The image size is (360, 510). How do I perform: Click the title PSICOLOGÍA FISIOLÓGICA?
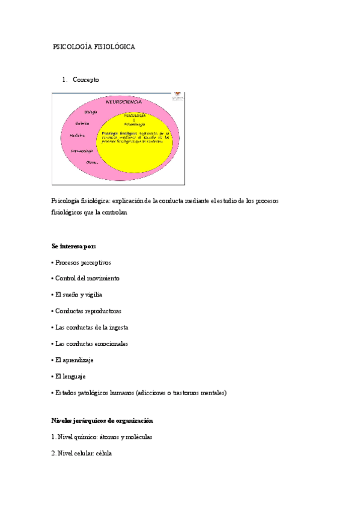pos(94,46)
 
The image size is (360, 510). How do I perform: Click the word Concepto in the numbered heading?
pos(86,79)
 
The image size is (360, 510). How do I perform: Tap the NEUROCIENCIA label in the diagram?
pos(124,102)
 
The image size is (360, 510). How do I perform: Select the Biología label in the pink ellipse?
pos(91,112)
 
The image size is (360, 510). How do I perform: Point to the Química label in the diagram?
pos(82,123)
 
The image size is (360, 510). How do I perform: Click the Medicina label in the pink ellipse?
pos(77,135)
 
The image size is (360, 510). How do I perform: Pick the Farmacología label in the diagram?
pos(81,150)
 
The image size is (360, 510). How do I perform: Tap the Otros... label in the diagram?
pos(92,162)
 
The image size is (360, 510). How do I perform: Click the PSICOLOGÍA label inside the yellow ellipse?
pos(135,115)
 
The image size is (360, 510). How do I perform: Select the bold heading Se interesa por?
pos(74,246)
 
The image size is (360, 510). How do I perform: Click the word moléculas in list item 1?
pos(138,437)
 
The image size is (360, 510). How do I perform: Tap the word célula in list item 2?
pos(102,453)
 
